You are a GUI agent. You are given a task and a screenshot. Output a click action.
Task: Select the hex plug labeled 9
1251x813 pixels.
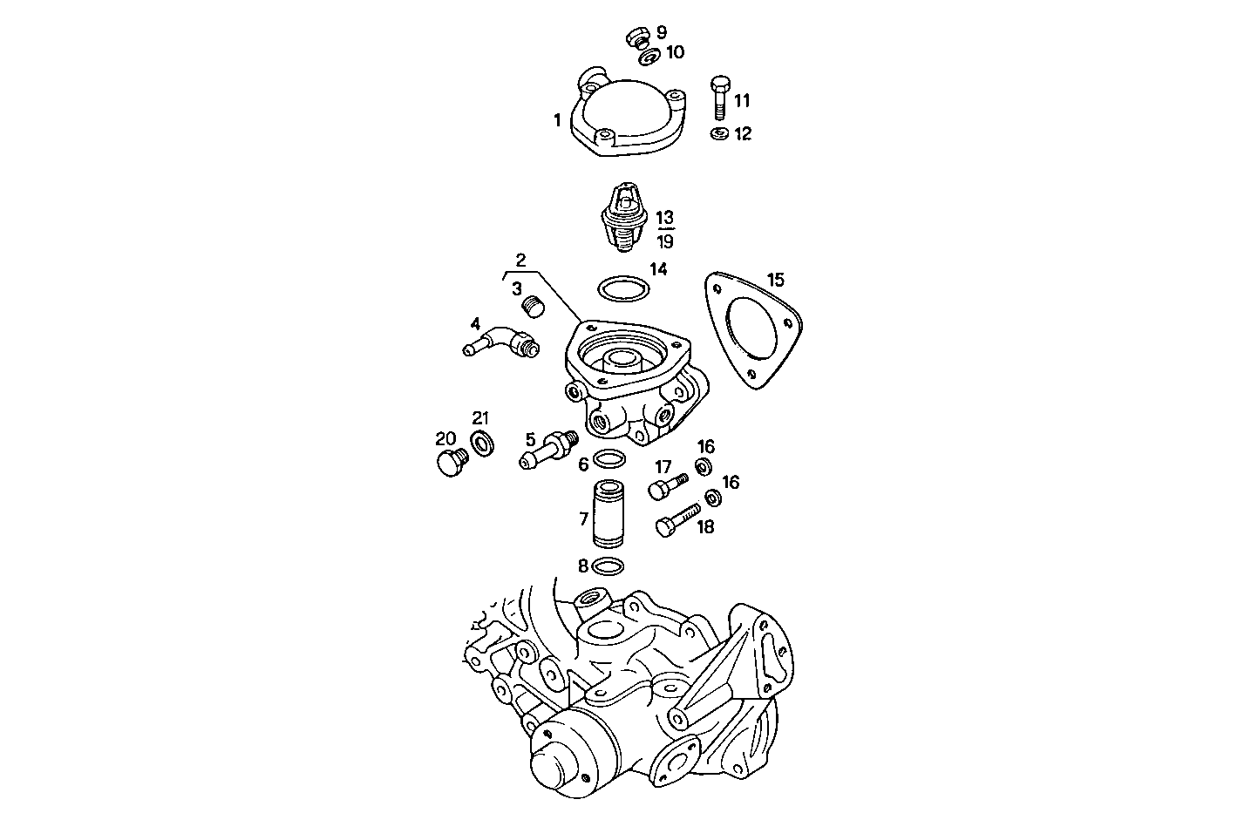click(636, 37)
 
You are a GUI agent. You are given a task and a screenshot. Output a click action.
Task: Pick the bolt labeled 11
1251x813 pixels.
click(719, 98)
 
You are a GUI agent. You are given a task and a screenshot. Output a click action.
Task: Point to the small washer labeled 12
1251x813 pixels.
click(719, 134)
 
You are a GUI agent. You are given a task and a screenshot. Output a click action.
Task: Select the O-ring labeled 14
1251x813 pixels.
click(622, 288)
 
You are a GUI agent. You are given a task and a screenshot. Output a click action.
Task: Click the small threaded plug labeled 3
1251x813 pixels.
click(531, 307)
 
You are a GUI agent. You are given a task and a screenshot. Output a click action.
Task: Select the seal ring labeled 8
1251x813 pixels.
click(607, 567)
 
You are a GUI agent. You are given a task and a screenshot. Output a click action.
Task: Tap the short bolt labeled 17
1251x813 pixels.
click(668, 484)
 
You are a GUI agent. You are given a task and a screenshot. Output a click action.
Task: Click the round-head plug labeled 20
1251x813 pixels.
click(451, 463)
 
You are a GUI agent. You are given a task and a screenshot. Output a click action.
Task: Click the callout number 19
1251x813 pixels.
click(665, 241)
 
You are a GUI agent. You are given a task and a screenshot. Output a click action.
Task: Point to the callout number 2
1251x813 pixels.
click(520, 259)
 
